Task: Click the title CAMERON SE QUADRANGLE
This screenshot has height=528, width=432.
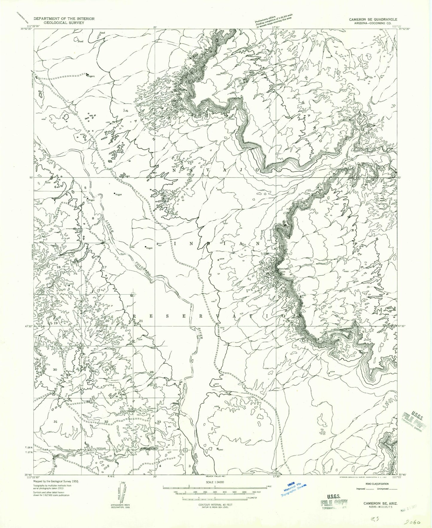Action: tap(373, 19)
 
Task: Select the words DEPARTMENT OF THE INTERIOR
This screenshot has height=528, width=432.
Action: tap(64, 19)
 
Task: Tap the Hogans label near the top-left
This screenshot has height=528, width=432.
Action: tap(91, 76)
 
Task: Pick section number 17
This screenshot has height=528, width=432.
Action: tap(104, 267)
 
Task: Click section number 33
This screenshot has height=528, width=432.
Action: tap(159, 422)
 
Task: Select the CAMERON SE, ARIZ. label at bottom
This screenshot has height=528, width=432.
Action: tap(376, 503)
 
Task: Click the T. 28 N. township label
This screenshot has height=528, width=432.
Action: tap(29, 447)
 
